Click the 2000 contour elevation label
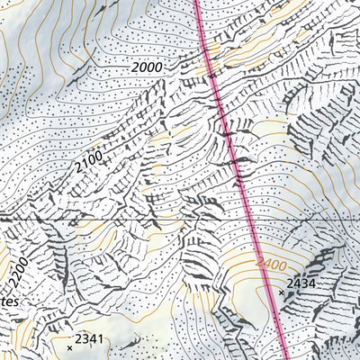click(148, 67)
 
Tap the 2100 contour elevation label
click(90, 164)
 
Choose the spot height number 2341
click(90, 339)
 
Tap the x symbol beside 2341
click(69, 346)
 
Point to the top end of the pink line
click(197, 2)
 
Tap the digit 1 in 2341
click(102, 339)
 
